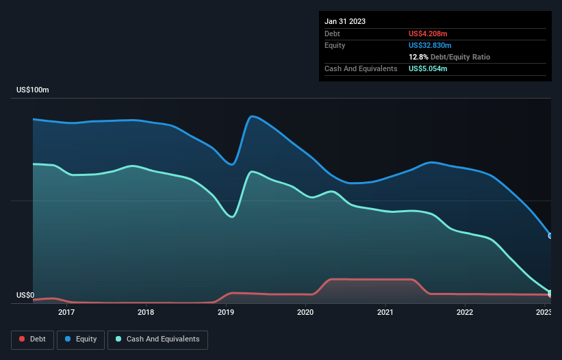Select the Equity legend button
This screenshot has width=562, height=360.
coord(81,339)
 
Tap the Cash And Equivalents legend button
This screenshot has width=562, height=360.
coord(157,339)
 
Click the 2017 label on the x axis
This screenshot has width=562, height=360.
coord(66,313)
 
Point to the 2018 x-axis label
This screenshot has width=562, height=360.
coord(146,313)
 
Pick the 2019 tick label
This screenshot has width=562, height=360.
coord(226,313)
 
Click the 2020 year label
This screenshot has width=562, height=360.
coord(305,313)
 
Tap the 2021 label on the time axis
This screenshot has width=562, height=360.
coord(385,313)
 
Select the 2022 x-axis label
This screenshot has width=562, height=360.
coord(465,313)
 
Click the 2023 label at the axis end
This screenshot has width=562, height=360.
coord(544,313)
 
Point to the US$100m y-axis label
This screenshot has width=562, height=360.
coord(33,90)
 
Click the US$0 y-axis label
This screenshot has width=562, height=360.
coord(25,296)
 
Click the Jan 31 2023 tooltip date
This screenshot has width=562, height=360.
coord(345,21)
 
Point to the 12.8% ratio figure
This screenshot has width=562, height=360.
coord(419,57)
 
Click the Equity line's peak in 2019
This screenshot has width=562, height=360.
coord(253,116)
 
